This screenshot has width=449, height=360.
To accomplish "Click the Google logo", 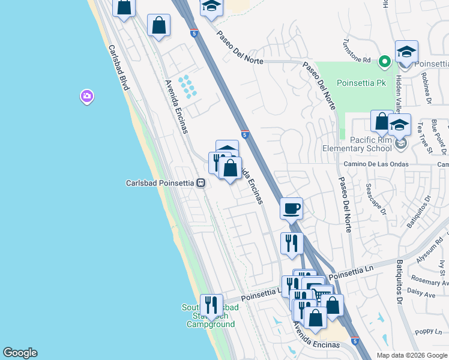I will pos(20,353).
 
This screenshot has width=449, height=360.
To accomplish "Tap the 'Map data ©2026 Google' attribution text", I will pos(412,355).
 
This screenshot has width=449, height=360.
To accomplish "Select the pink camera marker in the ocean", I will pos(87,96).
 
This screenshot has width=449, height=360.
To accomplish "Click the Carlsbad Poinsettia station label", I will pos(161,183).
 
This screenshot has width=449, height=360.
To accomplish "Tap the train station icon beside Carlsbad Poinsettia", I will pos(202,183).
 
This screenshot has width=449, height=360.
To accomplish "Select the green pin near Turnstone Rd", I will pos(385,61).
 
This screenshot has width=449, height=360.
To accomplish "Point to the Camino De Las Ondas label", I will pos(376,164).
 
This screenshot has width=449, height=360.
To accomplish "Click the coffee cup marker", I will pos(291,209).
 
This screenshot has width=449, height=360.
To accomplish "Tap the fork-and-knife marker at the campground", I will pos(211,305).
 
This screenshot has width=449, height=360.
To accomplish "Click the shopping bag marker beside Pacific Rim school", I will pos(382,122).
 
